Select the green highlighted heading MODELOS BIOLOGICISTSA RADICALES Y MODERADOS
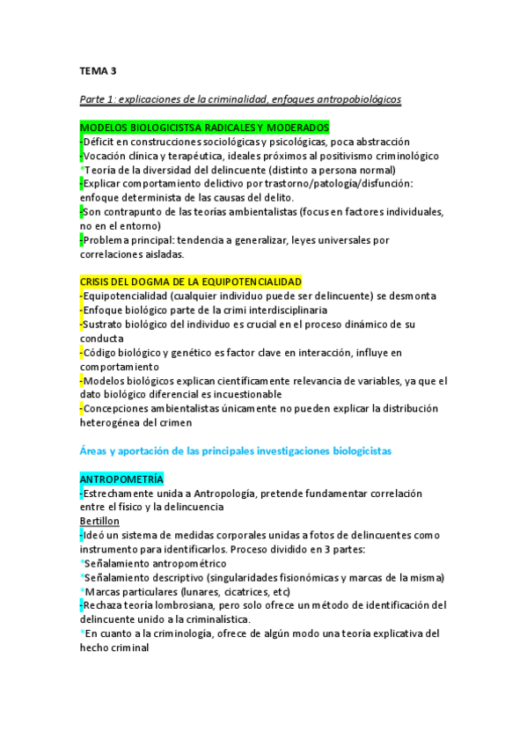(204, 128)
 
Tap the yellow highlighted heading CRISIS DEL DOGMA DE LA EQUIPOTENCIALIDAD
(190, 282)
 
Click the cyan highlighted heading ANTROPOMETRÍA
(121, 479)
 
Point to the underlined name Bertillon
(99, 521)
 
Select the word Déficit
(101, 142)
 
